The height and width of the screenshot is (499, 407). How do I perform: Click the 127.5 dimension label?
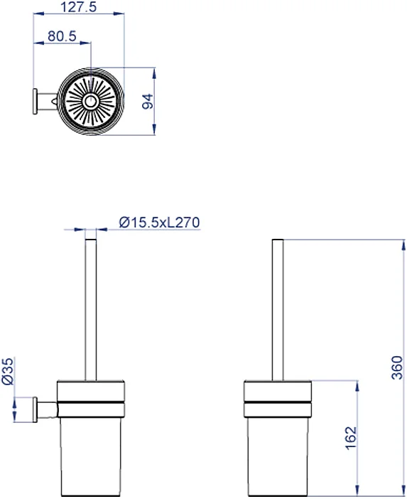(x=78, y=6)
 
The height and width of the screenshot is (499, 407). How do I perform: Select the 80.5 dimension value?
(x=62, y=36)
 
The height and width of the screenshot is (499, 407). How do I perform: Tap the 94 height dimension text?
(x=148, y=102)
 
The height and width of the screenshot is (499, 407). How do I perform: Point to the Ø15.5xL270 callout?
(x=159, y=222)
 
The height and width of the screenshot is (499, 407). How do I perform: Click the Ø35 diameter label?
(x=8, y=371)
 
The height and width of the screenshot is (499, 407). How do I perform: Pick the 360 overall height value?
(x=397, y=367)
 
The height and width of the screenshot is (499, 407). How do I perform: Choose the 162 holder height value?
(x=351, y=438)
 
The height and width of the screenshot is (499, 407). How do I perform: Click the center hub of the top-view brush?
(x=90, y=101)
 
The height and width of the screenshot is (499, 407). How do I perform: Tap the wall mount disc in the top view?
(x=36, y=102)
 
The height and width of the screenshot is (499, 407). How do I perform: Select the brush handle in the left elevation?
(x=91, y=309)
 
